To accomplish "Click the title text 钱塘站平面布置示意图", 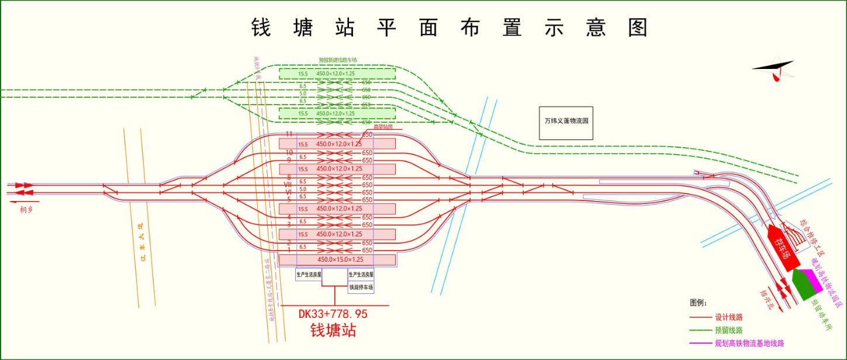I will tap(450, 27).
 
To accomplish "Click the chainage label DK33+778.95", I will tap(333, 314).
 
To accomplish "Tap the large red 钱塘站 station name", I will tap(333, 330).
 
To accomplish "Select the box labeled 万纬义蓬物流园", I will tap(566, 123).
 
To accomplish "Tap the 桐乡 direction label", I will tap(26, 209).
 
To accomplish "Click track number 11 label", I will tap(288, 134).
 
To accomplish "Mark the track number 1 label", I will tap(289, 250).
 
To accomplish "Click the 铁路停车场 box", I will tap(361, 288).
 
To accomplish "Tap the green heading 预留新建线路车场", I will tap(337, 60).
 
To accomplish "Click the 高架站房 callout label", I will tap(383, 126).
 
